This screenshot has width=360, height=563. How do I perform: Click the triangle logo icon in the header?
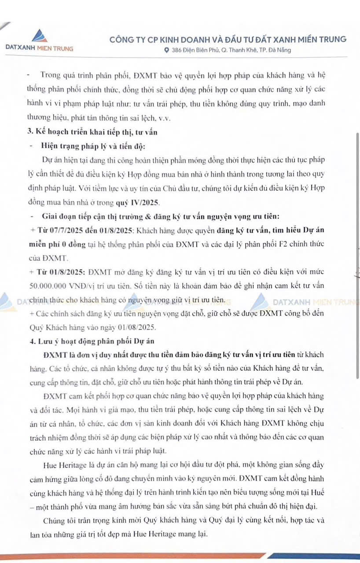(x=39, y=35)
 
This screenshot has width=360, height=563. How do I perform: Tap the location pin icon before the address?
(x=166, y=50)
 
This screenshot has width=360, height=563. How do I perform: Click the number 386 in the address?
(x=177, y=50)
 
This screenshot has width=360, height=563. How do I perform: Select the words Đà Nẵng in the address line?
(x=280, y=50)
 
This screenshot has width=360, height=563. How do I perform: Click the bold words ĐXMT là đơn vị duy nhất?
(x=88, y=355)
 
